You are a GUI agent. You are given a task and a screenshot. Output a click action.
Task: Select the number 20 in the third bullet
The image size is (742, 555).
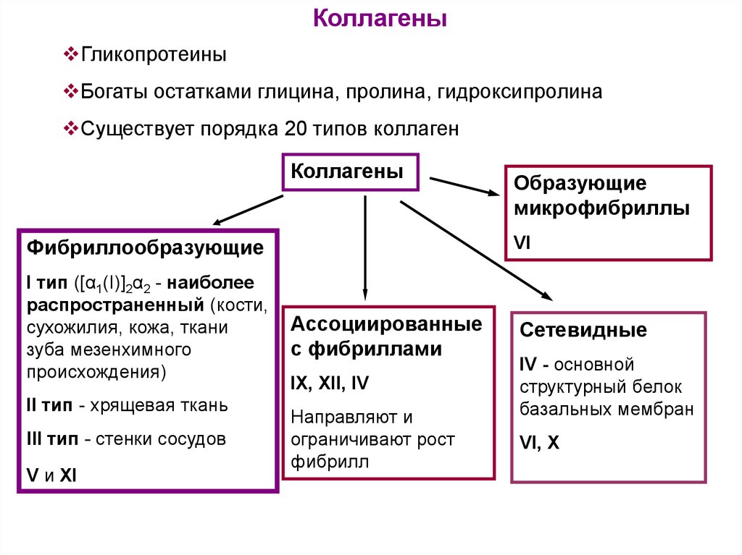point(296,129)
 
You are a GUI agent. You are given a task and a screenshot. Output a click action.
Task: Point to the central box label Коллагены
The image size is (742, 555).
point(347,171)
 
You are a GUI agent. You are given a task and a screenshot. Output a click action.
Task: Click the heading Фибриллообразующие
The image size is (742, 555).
point(145,248)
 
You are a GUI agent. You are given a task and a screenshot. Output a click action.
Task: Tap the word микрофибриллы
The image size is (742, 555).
point(601,209)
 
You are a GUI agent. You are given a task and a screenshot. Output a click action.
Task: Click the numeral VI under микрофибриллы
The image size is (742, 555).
point(522,242)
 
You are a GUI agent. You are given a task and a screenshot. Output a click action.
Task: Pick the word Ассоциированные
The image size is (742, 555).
point(386,324)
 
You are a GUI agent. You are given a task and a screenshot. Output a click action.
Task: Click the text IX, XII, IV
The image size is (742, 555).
point(330,384)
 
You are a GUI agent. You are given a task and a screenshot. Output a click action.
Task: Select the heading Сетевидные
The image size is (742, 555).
point(583,331)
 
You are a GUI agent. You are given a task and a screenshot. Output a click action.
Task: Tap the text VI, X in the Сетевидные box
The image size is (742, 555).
point(540,443)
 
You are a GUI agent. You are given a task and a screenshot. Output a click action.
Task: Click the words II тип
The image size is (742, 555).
point(49,404)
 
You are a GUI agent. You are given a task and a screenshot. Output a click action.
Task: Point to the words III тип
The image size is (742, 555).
point(51,439)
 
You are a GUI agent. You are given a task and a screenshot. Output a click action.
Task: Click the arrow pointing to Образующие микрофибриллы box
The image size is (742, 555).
point(464,186)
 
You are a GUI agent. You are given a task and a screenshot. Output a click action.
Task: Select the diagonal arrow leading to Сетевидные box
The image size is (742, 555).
point(475,250)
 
